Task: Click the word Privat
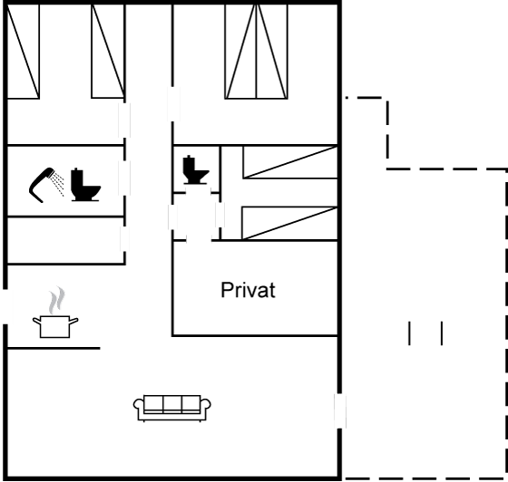tap(249, 290)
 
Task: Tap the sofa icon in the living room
tap(172, 409)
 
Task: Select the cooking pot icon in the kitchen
tap(55, 327)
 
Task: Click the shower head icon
tap(46, 185)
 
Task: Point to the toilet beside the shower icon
tap(85, 185)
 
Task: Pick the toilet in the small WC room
tap(196, 169)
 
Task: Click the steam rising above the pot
tap(56, 300)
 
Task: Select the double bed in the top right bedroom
tap(256, 52)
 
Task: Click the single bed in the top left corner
tap(23, 52)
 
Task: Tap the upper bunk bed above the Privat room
tap(290, 162)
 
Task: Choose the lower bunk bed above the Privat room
tap(289, 223)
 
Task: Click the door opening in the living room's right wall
tap(340, 410)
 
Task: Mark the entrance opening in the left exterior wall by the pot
tap(5, 306)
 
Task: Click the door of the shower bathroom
tap(124, 178)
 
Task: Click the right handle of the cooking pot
tap(73, 321)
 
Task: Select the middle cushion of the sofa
tap(172, 404)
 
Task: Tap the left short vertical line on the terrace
tap(409, 333)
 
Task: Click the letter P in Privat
tap(226, 290)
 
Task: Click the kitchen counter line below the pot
tap(54, 349)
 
